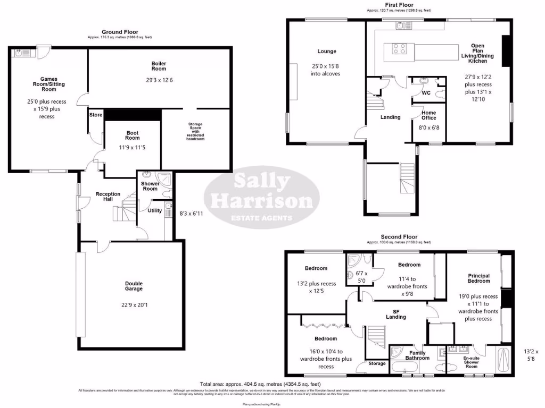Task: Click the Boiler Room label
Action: (x=159, y=66)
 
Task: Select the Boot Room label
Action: (x=132, y=135)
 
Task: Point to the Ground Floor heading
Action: (x=120, y=32)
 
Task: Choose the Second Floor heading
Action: (x=399, y=237)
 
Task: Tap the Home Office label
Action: (x=429, y=115)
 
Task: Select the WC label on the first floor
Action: (x=426, y=93)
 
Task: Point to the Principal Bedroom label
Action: (x=478, y=278)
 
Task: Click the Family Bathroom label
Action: (x=417, y=355)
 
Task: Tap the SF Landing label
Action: (x=395, y=314)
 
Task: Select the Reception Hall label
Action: (x=108, y=197)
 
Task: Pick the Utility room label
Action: (x=154, y=211)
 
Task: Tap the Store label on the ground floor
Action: (x=96, y=114)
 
